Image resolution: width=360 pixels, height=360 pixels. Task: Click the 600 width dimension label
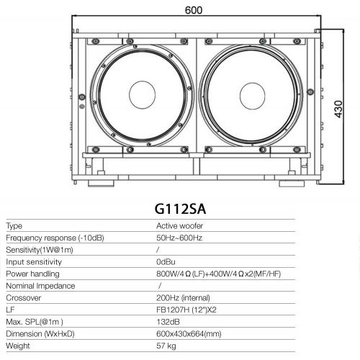tap(194, 10)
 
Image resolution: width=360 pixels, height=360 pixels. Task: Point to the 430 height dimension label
tap(338, 109)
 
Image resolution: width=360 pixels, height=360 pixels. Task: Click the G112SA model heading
tap(180, 209)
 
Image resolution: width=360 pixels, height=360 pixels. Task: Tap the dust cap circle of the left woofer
tap(143, 95)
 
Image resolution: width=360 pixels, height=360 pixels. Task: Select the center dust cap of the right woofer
tap(252, 96)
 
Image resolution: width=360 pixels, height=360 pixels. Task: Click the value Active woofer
tap(179, 226)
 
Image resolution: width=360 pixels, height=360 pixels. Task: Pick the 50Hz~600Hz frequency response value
tap(179, 238)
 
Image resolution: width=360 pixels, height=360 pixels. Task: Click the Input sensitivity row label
tap(34, 262)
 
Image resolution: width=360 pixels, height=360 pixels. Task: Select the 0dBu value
tap(166, 262)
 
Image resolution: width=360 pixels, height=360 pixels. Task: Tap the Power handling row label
tap(32, 274)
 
